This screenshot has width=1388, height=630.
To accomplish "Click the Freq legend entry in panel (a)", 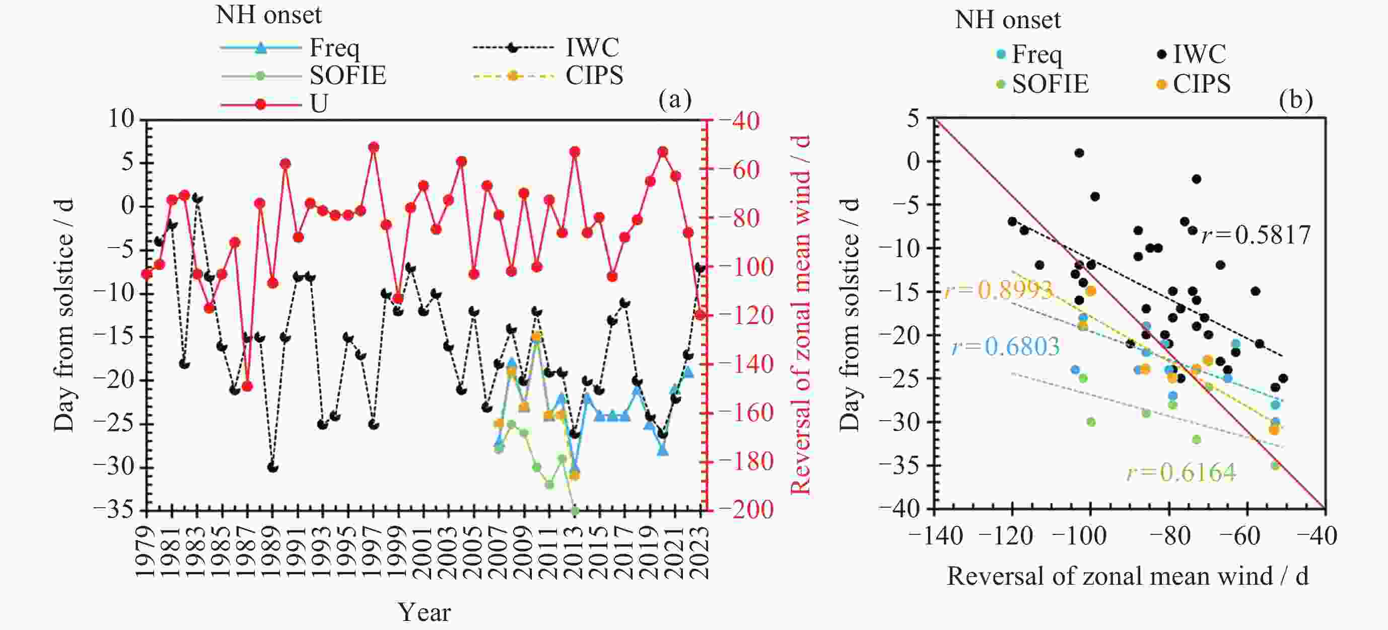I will (333, 48).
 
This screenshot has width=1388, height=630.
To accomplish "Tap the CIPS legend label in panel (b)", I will (1202, 84).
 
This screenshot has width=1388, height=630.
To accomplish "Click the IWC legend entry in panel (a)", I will (592, 48).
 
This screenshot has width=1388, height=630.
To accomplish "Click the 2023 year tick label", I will (701, 552).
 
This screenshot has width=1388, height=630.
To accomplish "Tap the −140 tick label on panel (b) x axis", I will (935, 536).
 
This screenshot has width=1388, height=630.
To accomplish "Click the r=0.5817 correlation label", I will (1256, 235).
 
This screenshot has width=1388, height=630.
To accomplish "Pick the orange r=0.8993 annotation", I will (998, 290).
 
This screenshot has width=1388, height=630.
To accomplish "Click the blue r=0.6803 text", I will (1005, 346).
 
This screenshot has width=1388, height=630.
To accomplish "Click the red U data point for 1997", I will (373, 147).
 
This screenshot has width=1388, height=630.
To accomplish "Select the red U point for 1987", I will (247, 386).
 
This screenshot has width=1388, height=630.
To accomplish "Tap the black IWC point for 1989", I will (272, 467).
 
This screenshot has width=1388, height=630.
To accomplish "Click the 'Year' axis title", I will (424, 612).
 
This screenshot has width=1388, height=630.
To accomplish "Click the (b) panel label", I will (1295, 100).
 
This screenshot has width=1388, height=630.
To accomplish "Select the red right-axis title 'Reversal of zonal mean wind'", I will (801, 314).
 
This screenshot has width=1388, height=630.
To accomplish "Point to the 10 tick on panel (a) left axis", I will (121, 119).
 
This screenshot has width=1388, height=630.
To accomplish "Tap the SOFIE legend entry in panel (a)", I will (348, 76).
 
